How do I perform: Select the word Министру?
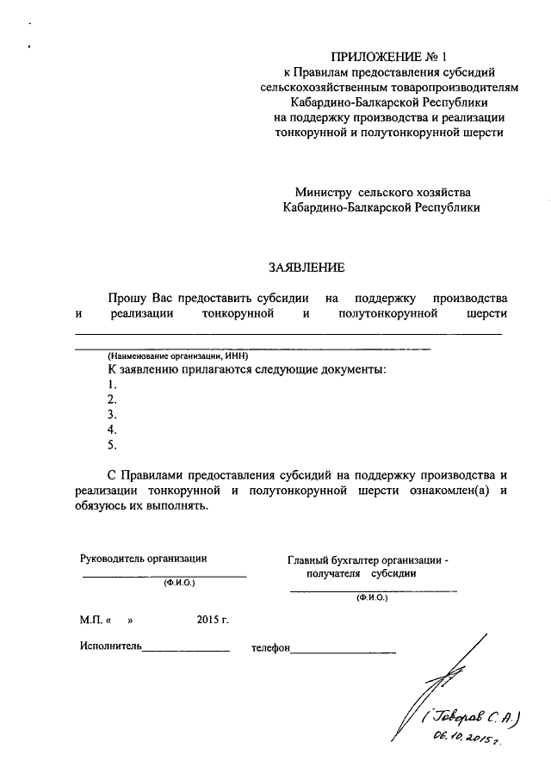tap(323, 193)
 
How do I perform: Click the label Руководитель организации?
tap(143, 558)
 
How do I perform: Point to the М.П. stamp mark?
tap(90, 619)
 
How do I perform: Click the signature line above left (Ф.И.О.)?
tap(164, 574)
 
